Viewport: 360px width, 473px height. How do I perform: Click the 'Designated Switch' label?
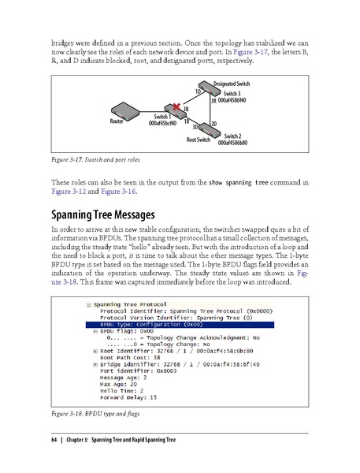(232, 83)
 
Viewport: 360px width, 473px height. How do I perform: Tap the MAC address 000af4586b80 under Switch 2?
(232, 143)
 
